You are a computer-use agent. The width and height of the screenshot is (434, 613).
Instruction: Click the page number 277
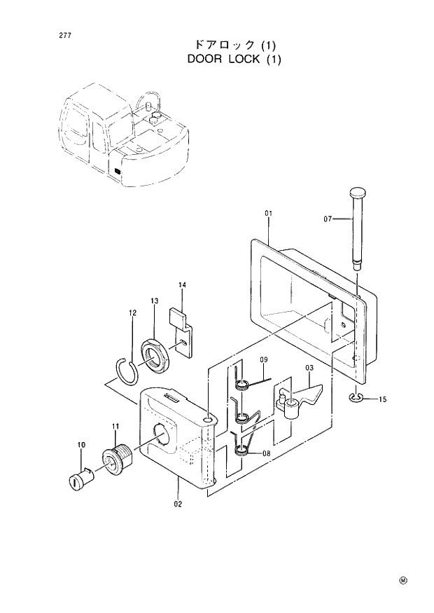pos(54,34)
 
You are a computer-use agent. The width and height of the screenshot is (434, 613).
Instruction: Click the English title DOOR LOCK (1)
pos(234,59)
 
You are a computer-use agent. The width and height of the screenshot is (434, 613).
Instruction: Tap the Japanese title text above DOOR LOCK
pos(234,44)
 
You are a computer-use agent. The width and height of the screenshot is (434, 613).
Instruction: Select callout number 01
pos(268,212)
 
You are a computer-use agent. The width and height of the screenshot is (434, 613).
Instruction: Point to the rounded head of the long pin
pos(357,193)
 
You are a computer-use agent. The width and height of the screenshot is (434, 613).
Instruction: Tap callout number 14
pos(181,285)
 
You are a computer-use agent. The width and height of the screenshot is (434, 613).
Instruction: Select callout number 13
pos(154,301)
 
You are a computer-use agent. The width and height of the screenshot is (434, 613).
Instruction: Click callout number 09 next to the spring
pos(264,360)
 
